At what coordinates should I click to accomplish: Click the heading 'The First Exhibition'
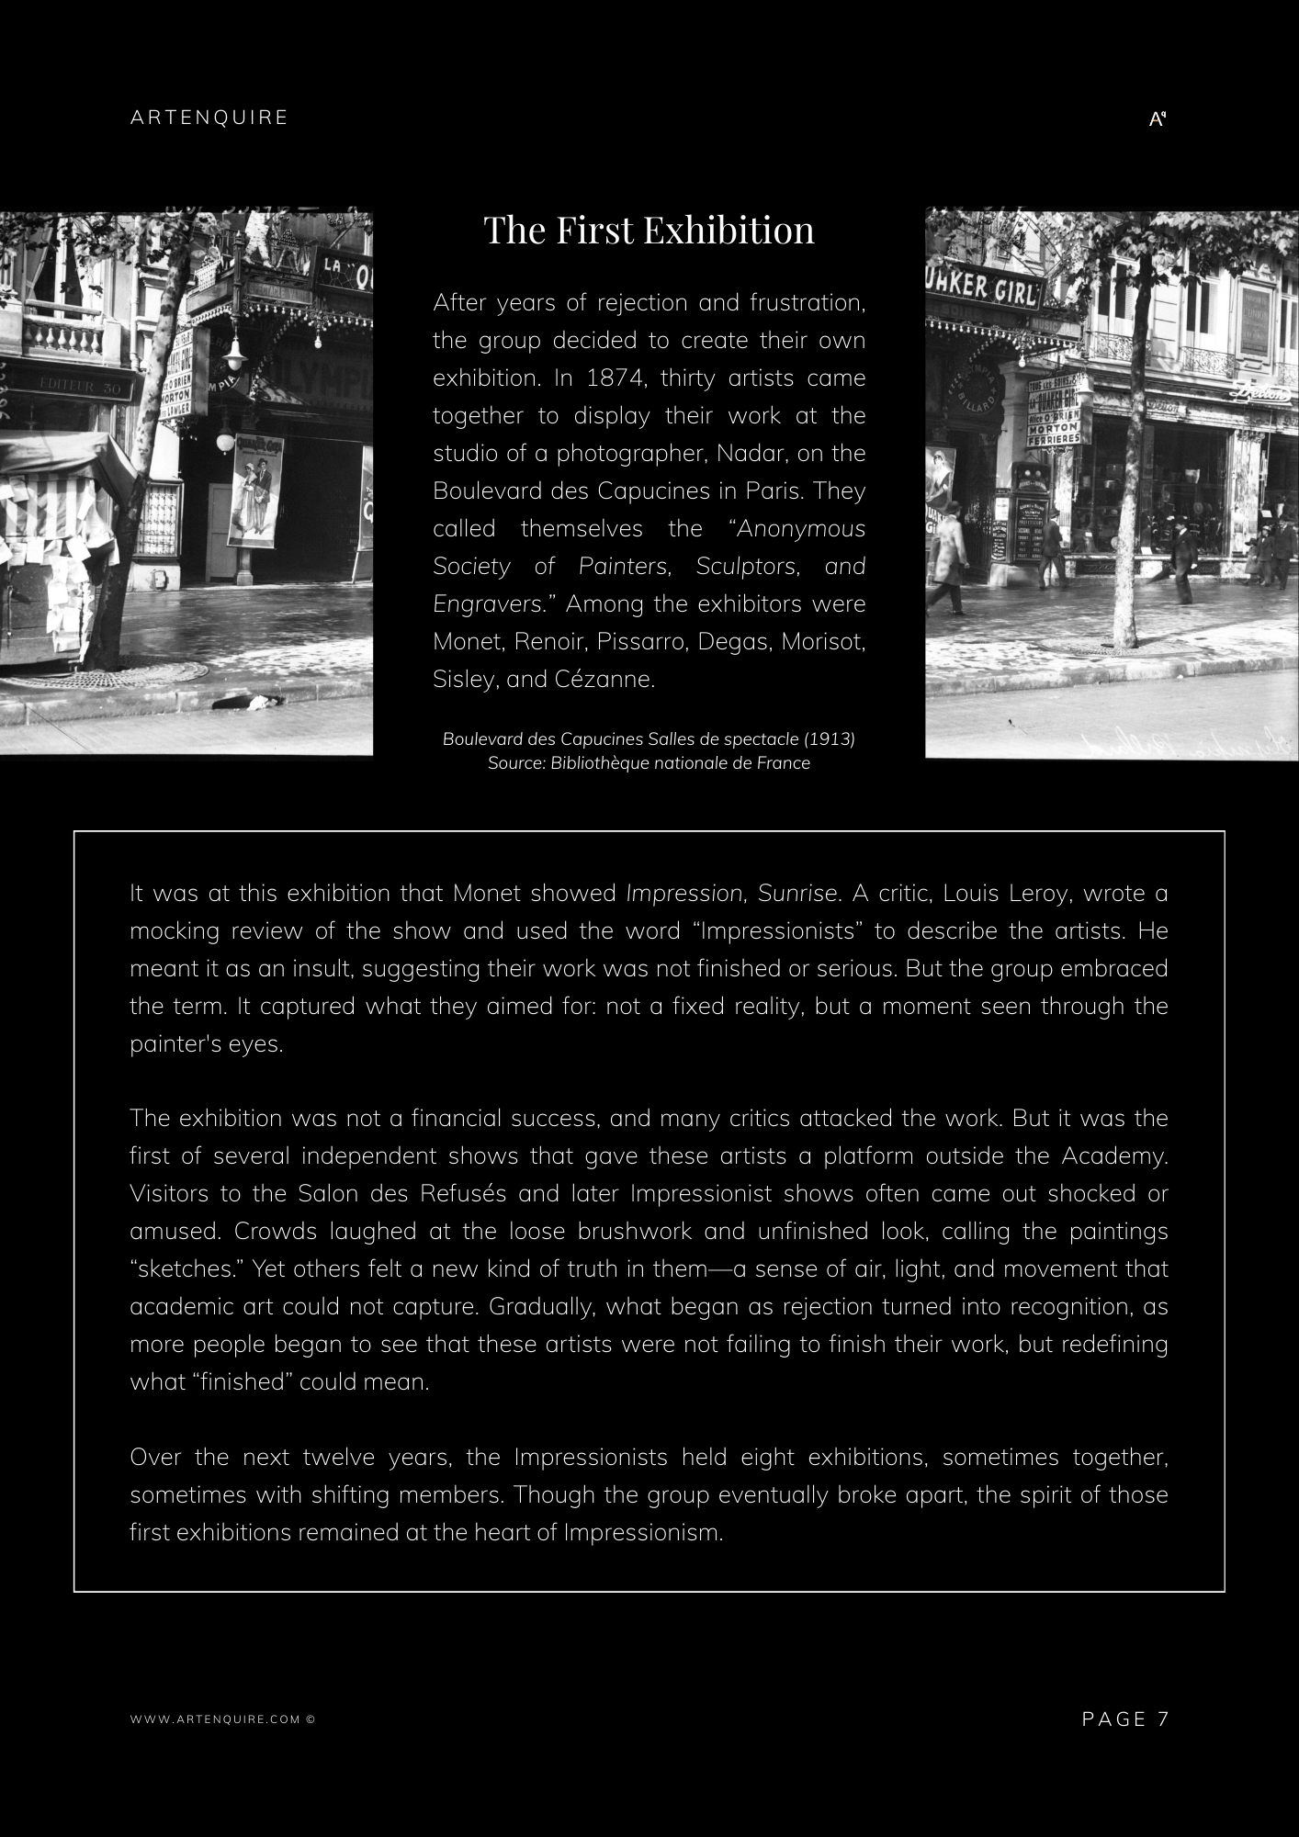click(649, 230)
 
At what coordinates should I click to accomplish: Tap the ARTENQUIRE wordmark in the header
click(209, 118)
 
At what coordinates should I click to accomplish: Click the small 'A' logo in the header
click(1158, 118)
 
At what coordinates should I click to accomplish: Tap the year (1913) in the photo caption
click(832, 739)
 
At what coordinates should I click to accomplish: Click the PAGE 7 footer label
click(1125, 1719)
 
